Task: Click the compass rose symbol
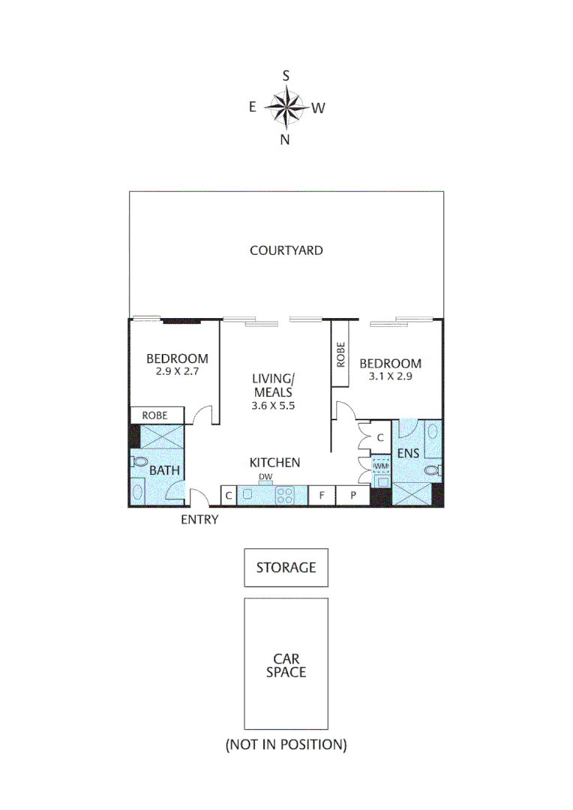coord(286,106)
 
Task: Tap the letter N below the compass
coord(285,139)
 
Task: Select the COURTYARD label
coord(286,250)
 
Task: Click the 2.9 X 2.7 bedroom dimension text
coord(177,371)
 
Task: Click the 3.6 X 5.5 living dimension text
coord(272,405)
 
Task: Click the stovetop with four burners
coord(285,495)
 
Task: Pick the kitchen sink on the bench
coord(249,495)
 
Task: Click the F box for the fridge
coord(322,495)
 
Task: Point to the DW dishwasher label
coord(265,476)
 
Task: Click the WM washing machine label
coord(380,465)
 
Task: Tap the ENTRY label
coord(199,519)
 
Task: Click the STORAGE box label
coord(286,567)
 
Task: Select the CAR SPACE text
coord(286,665)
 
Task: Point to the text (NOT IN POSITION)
coord(286,745)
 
